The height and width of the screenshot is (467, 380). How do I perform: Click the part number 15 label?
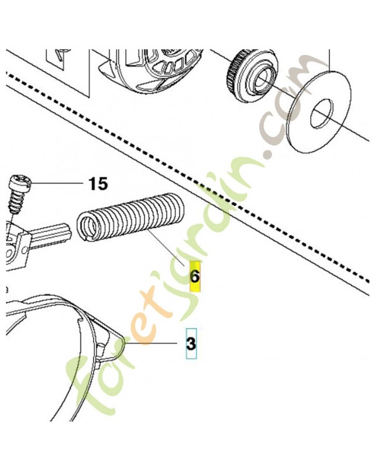click(98, 184)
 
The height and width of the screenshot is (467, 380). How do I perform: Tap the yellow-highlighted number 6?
click(195, 277)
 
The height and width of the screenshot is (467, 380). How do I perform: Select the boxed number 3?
click(191, 343)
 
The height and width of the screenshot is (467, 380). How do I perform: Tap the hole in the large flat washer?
click(320, 114)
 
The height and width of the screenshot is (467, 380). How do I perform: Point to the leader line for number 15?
click(56, 183)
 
